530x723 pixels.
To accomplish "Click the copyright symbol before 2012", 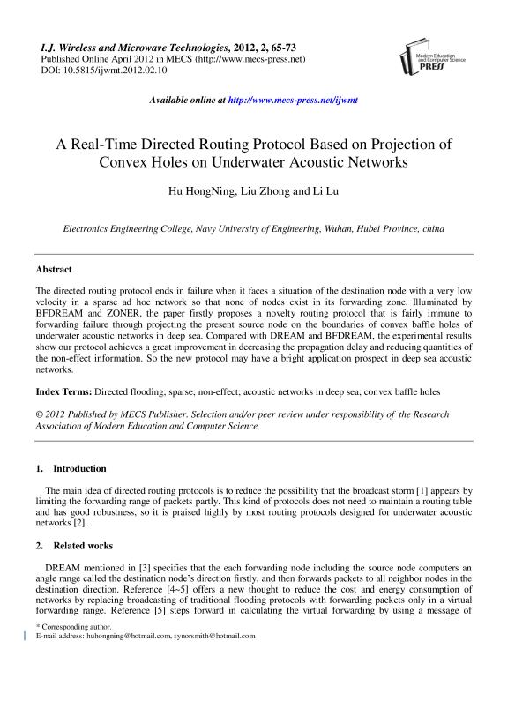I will (x=40, y=414).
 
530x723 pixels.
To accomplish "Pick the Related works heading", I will (x=85, y=546).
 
